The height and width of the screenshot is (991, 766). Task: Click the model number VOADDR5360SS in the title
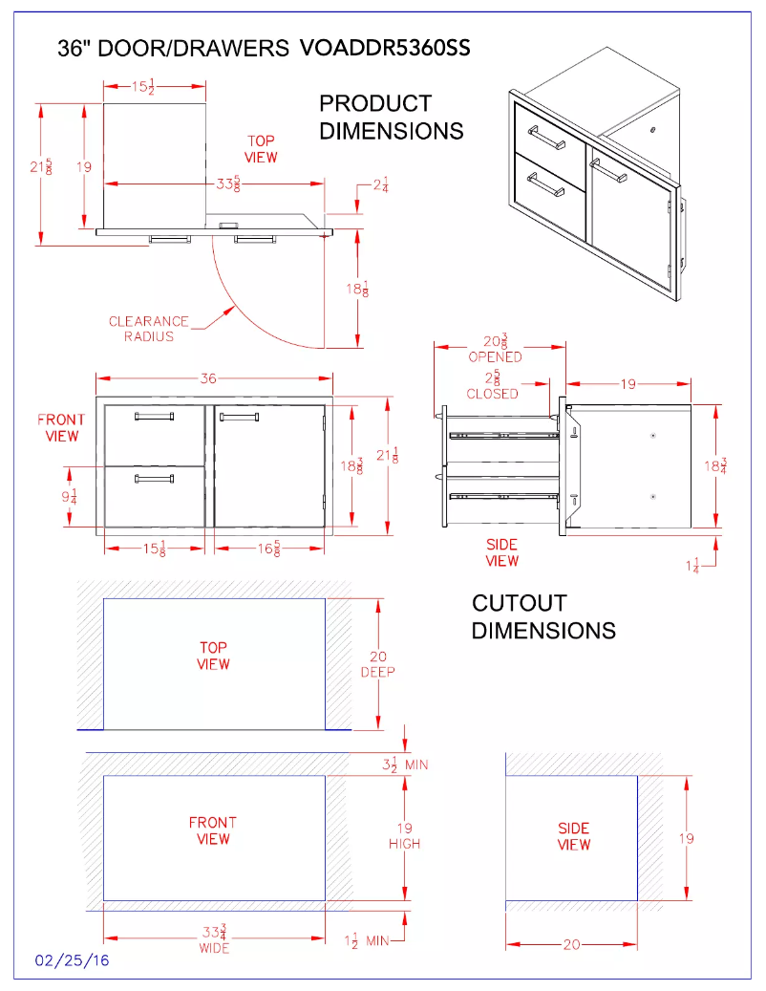coord(385,48)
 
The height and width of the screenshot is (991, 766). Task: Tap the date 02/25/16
coord(72,960)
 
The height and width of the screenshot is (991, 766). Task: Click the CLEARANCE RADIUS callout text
coord(149,329)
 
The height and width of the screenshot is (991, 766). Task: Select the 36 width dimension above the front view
coord(208,378)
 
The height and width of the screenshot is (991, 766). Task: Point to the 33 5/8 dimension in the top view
coord(228,183)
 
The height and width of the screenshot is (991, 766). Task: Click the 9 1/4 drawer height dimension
coord(70,497)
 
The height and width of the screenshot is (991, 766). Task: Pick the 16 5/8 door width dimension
coord(268,549)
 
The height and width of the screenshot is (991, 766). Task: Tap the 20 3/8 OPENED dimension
coord(496,350)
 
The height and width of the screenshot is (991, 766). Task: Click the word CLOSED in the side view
coord(493,394)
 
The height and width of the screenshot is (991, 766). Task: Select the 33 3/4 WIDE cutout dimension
coord(214,939)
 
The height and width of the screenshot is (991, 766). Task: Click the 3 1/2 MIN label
coord(405,765)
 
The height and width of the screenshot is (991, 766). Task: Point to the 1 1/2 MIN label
coord(367,940)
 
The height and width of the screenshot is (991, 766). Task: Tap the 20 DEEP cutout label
coord(377,664)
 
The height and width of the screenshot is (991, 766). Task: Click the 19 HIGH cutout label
coord(405,835)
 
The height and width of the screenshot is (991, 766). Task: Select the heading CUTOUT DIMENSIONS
coord(543,616)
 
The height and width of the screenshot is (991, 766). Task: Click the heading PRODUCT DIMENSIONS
coord(392,117)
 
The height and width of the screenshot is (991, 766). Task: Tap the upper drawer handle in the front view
coord(154,416)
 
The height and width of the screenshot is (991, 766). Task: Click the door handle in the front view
coord(239,417)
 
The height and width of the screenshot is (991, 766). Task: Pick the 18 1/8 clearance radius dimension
coord(357,290)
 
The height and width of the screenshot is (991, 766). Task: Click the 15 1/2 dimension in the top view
coord(143,87)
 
